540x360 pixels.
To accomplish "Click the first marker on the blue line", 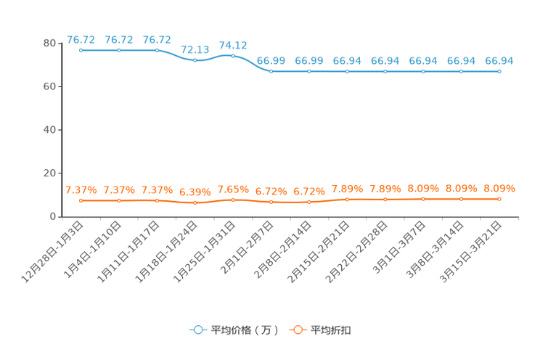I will tap(81, 50).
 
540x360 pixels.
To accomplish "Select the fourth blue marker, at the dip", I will tap(195, 60).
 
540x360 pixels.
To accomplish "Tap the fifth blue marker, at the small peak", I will tap(233, 55).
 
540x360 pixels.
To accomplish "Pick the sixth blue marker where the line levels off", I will tap(271, 70).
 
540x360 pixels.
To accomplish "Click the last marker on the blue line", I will tap(499, 71).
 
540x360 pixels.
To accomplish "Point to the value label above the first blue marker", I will tap(81, 39).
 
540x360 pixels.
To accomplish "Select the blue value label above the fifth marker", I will tap(233, 44).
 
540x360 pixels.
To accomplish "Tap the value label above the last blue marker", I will tap(499, 60).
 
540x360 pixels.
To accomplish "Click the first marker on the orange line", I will tap(81, 200).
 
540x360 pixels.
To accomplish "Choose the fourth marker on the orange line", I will tap(195, 202).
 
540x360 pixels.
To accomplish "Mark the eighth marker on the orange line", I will tap(348, 199).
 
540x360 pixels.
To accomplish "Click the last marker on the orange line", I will tap(499, 198).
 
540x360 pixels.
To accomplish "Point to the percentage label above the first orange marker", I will tap(81, 190).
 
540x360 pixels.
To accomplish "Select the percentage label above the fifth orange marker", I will tap(233, 189).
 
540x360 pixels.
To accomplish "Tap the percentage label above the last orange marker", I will tap(499, 189).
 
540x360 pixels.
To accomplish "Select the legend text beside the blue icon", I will tap(245, 330).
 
